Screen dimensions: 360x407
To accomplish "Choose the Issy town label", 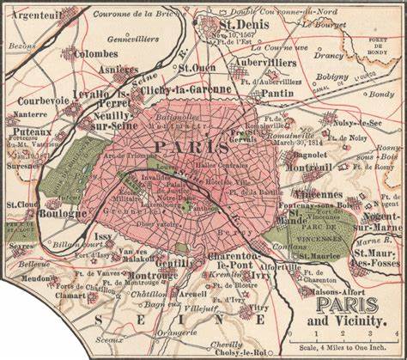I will coord(104,235).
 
